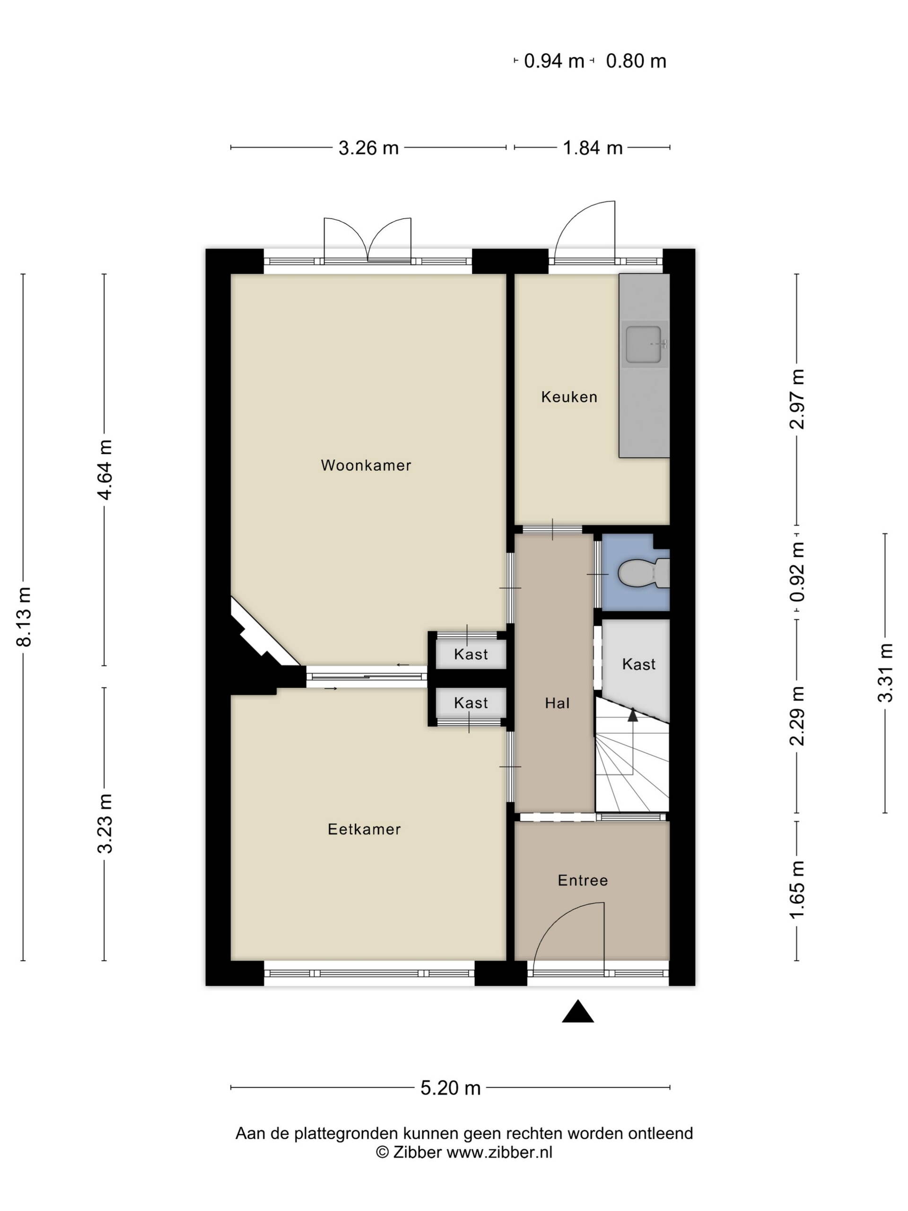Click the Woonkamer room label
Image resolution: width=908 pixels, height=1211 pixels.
[366, 465]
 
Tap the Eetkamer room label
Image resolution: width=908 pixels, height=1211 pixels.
[364, 829]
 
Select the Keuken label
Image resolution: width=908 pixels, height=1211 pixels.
[568, 397]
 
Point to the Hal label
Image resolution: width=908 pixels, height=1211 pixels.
[557, 703]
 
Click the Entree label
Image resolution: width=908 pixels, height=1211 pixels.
[582, 880]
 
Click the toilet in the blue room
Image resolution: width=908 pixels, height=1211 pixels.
[643, 573]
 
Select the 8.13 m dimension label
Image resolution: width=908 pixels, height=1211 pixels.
[25, 617]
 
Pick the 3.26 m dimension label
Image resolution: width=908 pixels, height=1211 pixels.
[368, 148]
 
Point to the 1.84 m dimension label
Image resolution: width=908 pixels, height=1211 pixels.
[593, 148]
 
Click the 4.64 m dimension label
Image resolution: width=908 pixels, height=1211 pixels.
[104, 470]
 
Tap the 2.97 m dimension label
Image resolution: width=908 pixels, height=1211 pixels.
[797, 399]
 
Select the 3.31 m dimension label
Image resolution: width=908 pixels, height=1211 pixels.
[885, 673]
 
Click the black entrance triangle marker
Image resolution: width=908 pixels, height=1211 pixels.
[578, 1011]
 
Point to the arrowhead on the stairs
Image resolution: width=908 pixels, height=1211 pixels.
[633, 714]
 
